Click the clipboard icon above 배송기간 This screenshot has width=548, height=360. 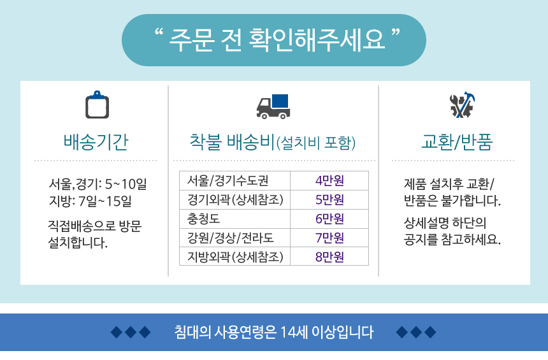click(97, 105)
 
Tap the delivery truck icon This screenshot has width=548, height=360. click(273, 106)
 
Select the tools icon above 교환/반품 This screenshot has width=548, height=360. click(461, 104)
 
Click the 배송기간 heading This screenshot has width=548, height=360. click(96, 142)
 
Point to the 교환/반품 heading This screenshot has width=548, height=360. click(457, 142)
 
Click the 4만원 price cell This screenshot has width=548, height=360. click(329, 180)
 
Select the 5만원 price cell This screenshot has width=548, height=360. click(329, 199)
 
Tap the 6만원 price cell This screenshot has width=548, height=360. click(329, 219)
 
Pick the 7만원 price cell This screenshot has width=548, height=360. click(329, 238)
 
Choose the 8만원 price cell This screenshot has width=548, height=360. click(329, 257)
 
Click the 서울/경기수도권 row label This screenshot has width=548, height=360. click(228, 180)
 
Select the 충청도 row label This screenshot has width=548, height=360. click(203, 219)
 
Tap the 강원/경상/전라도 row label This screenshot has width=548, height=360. click(230, 238)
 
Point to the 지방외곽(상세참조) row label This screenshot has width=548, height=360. click(235, 257)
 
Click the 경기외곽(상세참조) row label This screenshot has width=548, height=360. click(235, 199)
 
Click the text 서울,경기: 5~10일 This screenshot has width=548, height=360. click(98, 184)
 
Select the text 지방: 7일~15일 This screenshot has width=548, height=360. click(90, 201)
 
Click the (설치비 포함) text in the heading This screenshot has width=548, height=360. click(316, 143)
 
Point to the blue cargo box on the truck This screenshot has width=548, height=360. click(280, 101)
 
